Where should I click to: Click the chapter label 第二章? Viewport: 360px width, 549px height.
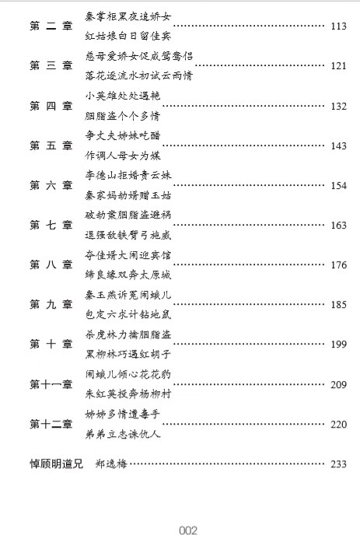point(51,26)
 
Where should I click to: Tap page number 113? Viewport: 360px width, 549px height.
point(339,26)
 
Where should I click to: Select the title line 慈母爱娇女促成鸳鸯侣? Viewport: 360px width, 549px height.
point(138,56)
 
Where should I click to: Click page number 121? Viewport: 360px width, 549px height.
point(339,66)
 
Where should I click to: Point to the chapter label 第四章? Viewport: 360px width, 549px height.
point(51,106)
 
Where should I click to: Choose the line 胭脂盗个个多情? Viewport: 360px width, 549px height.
point(123,116)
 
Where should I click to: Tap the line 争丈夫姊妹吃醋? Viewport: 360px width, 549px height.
point(123,135)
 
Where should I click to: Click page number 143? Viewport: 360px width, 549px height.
point(339,146)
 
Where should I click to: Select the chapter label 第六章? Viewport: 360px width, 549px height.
point(51,185)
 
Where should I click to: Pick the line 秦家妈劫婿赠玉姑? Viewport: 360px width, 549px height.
point(128,195)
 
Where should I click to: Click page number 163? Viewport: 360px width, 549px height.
point(339,226)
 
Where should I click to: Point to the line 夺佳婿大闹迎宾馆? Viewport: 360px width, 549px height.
point(128,255)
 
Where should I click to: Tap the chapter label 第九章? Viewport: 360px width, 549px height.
point(51,304)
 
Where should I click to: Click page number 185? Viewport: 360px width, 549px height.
point(339,305)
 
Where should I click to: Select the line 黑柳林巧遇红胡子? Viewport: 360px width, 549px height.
point(128,354)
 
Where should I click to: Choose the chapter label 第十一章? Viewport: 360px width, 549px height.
point(51,384)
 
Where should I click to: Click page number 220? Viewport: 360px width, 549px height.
point(339,425)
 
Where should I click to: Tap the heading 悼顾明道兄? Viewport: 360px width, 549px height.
point(57,464)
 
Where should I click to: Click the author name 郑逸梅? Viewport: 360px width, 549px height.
point(111,464)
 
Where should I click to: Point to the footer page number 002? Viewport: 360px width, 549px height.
point(188,530)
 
